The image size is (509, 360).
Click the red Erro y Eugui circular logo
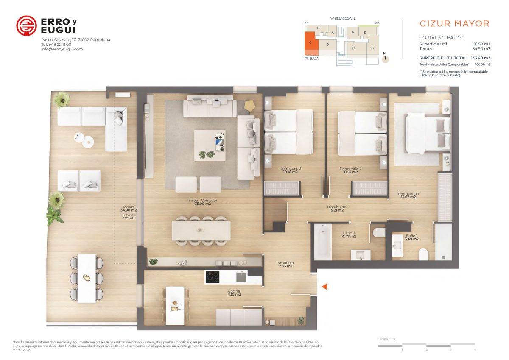(x=26, y=26)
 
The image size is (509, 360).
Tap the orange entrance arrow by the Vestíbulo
(x=324, y=287)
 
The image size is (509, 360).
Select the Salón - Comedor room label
(x=203, y=202)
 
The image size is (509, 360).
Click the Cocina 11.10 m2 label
(x=234, y=293)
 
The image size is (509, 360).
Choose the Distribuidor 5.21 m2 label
(x=337, y=209)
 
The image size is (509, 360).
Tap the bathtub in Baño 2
(x=323, y=242)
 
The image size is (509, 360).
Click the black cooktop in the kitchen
(x=213, y=277)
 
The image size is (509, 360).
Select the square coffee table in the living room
(x=210, y=145)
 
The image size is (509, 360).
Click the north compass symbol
(x=385, y=58)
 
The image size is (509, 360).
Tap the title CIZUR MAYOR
(x=454, y=24)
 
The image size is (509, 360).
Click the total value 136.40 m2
(x=480, y=58)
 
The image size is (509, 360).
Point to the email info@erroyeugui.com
(x=62, y=49)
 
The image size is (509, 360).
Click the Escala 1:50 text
(x=387, y=339)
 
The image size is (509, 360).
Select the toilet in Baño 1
(x=423, y=254)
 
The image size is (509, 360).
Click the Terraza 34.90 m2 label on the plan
(x=129, y=209)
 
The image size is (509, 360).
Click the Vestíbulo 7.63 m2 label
(x=285, y=264)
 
